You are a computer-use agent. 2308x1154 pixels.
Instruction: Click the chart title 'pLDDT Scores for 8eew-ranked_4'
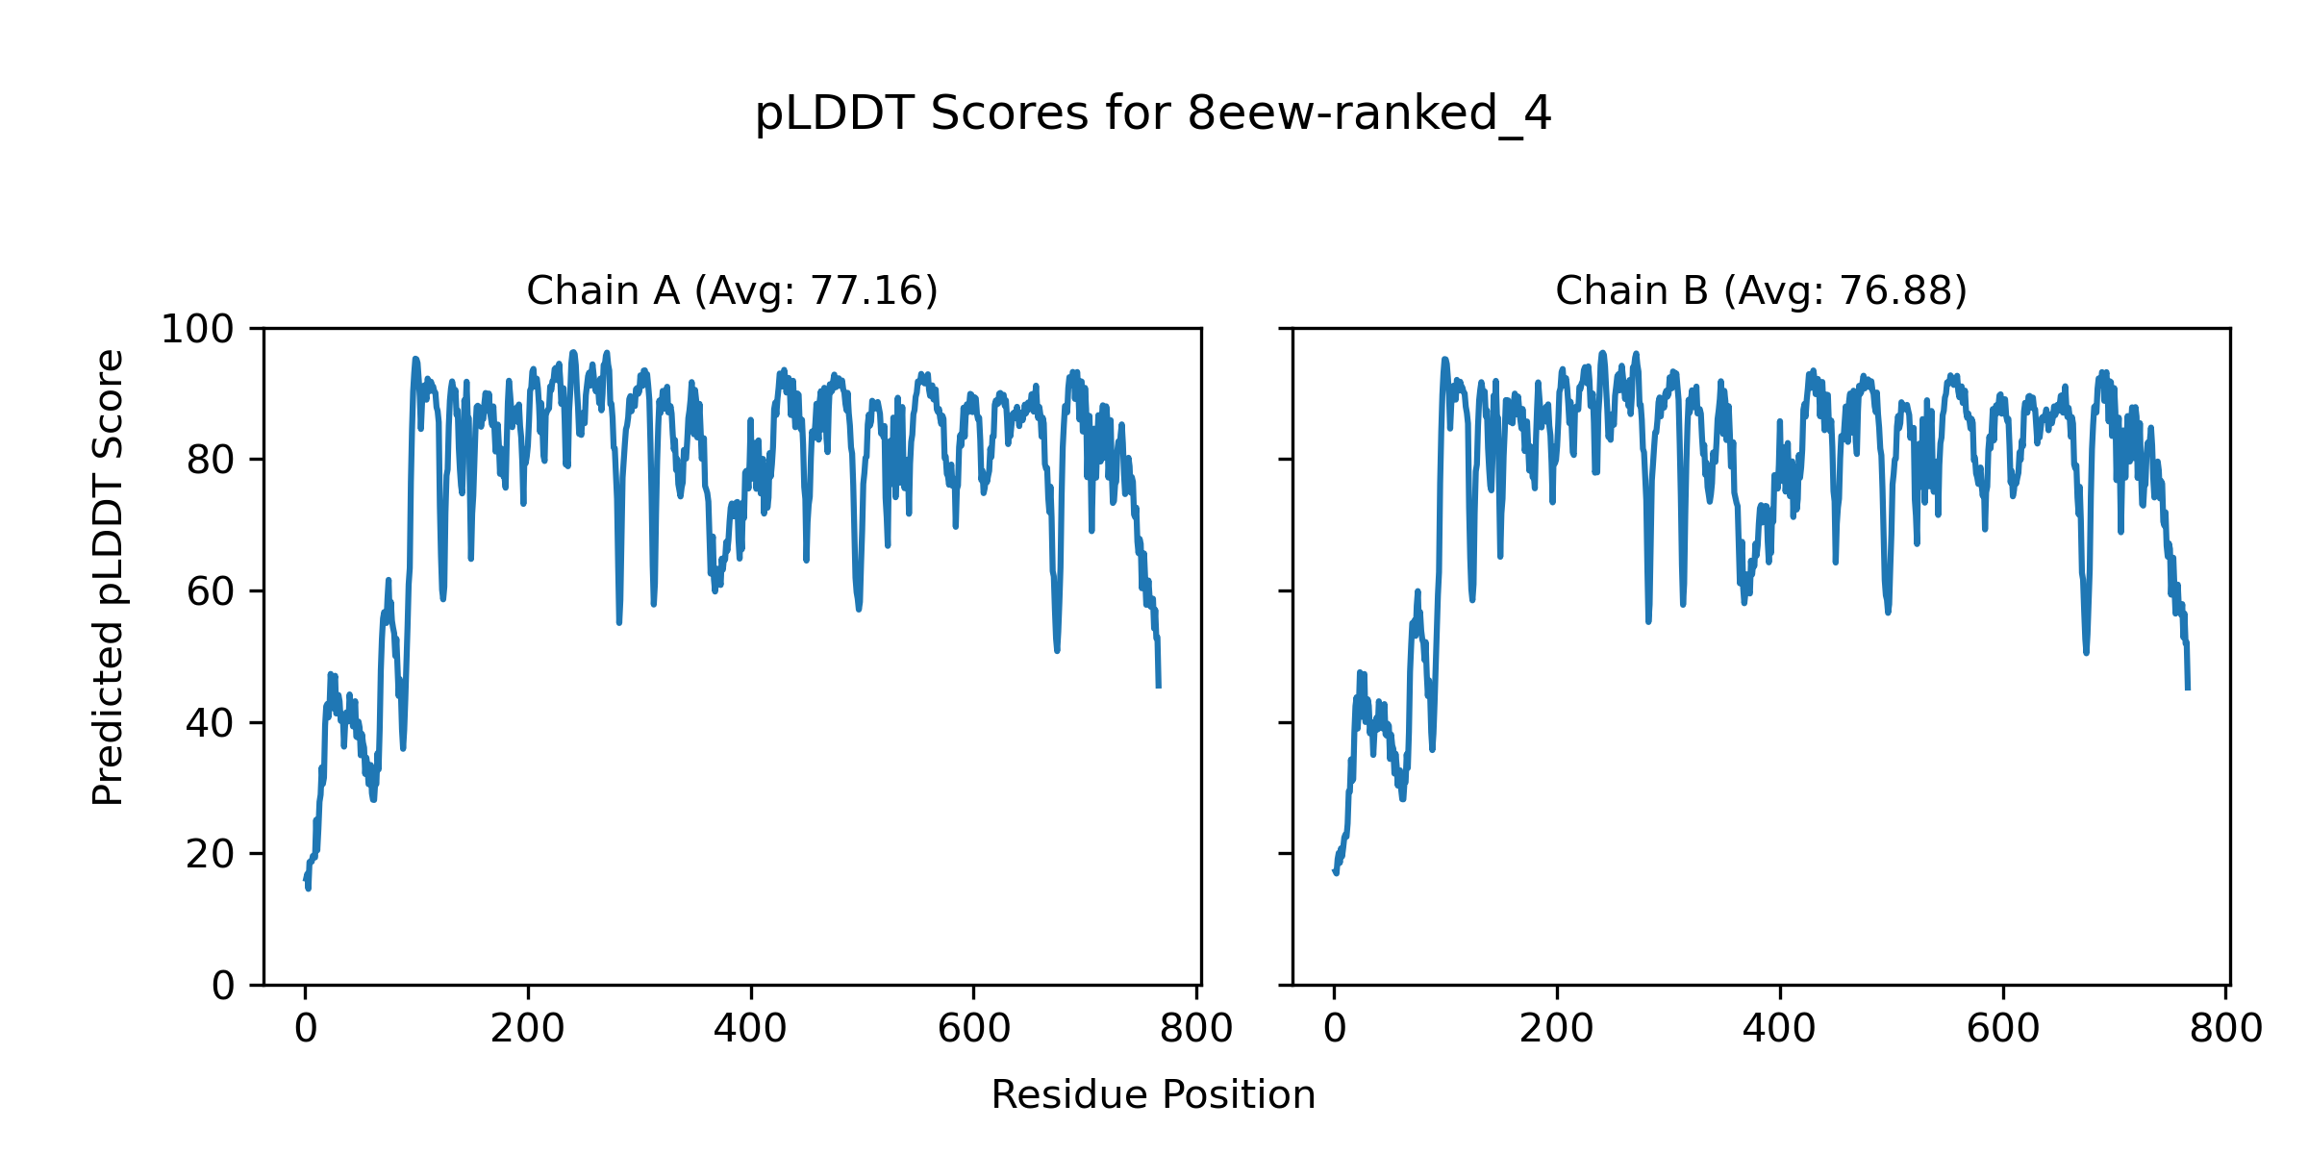pos(1152,113)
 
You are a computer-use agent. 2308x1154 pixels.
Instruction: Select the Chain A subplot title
pos(732,290)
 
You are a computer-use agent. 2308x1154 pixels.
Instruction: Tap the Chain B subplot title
pos(1761,290)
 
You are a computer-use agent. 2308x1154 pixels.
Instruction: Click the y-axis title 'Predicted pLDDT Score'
pos(108,577)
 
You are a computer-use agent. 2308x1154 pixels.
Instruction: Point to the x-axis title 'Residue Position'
pos(1152,1095)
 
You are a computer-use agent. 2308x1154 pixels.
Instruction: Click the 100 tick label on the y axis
pos(197,330)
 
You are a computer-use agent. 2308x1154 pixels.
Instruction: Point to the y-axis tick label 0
pos(223,986)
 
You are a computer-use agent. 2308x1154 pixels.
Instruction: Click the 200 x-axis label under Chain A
pos(528,1030)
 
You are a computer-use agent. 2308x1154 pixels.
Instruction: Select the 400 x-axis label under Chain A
pos(750,1030)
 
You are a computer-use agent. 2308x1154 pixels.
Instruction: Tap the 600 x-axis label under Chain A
pos(973,1030)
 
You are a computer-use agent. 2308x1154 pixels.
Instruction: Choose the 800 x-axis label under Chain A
pos(1196,1030)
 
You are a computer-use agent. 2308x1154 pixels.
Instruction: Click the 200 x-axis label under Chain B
pos(1557,1030)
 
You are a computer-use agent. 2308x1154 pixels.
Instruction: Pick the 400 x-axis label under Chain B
pos(1780,1030)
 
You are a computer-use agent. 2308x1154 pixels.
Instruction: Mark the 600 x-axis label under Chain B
pos(2003,1030)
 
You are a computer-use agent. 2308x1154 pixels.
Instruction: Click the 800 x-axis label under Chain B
pos(2225,1030)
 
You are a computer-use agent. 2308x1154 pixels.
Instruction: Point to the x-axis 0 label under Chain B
pos(1334,1030)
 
